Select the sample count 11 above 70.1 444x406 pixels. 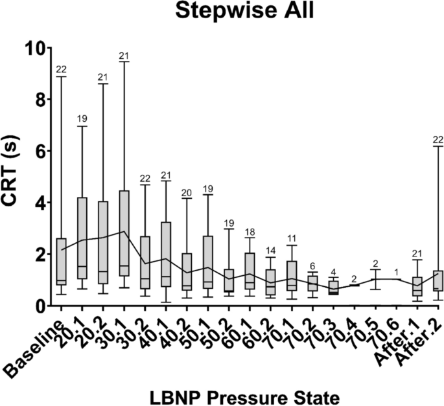(292, 238)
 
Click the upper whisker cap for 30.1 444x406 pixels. (125, 62)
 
